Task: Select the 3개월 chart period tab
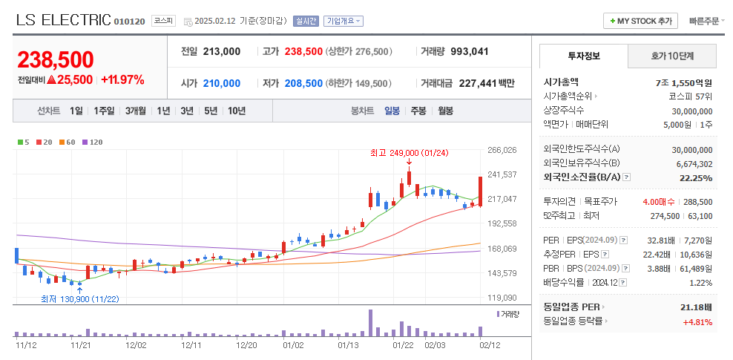[x=135, y=111]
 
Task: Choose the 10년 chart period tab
[x=237, y=111]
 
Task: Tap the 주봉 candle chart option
[x=418, y=111]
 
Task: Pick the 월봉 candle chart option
[x=445, y=111]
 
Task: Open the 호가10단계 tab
[x=672, y=56]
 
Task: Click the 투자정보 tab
[x=584, y=56]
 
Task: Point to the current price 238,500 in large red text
[x=56, y=59]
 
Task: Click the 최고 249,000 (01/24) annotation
[x=409, y=154]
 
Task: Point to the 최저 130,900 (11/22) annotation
[x=80, y=299]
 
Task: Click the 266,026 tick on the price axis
[x=502, y=150]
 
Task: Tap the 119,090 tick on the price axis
[x=502, y=298]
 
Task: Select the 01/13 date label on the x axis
[x=348, y=345]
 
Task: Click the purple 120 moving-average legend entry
[x=93, y=141]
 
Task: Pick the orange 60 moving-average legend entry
[x=68, y=141]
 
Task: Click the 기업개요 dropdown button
[x=343, y=21]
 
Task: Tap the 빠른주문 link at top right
[x=703, y=21]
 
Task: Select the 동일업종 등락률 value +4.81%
[x=697, y=321]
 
